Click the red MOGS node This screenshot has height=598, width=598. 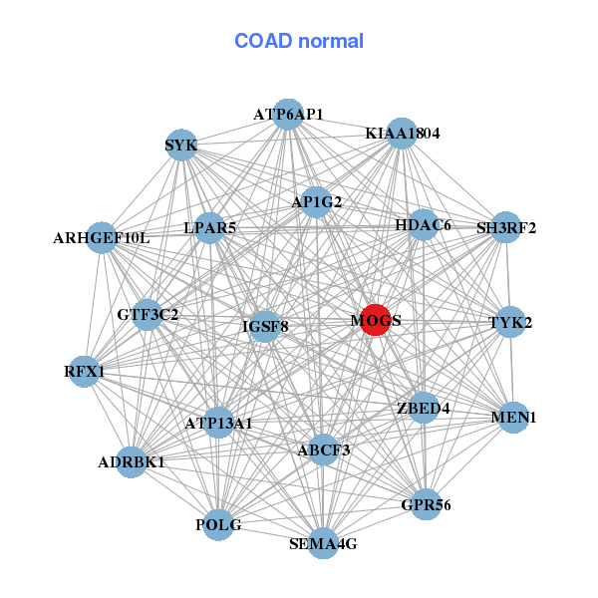pos(375,320)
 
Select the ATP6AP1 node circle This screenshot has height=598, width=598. pos(288,114)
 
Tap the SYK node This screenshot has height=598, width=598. pos(181,145)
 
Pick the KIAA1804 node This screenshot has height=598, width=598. pos(401,133)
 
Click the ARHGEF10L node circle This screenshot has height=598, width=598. pos(101,237)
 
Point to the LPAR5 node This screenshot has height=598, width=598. pos(210,228)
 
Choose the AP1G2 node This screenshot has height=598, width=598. pos(317,201)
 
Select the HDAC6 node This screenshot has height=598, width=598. pos(423,225)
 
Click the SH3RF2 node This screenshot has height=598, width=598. pos(506,227)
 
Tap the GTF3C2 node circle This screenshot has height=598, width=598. pos(148,315)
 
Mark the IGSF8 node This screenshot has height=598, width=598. pos(264,325)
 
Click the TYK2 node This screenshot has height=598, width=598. pos(510,322)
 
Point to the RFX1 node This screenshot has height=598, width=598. pos(85,372)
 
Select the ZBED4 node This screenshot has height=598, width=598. pos(423,408)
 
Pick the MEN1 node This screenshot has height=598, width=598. pos(513,418)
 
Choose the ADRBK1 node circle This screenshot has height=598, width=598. pos(132,462)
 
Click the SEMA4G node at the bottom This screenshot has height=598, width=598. pos(322,543)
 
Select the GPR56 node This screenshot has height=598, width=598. pos(426,505)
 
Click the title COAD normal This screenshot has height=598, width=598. pos(299,42)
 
